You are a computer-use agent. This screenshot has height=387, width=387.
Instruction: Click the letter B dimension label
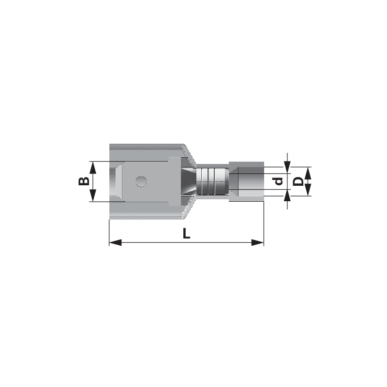click(x=84, y=181)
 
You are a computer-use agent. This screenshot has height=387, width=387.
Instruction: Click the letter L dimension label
click(x=186, y=233)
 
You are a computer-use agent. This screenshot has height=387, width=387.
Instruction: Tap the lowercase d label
click(x=279, y=182)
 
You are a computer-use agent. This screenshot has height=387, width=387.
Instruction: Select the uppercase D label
click(x=298, y=182)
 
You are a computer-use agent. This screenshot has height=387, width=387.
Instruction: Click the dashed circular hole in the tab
click(x=141, y=181)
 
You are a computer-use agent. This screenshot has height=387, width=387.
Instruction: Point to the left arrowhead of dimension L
click(x=115, y=242)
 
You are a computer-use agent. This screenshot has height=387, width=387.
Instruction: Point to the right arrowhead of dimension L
click(x=258, y=242)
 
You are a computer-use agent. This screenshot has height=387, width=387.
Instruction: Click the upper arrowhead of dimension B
click(x=92, y=168)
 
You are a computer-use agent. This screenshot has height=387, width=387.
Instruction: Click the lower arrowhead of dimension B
click(x=92, y=195)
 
